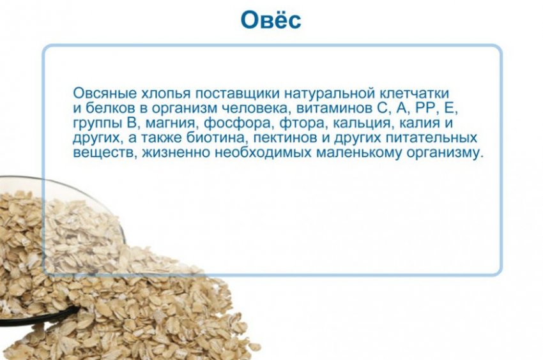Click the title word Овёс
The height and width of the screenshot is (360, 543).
[x=271, y=20]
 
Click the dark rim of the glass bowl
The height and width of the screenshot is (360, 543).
[x=38, y=317]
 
